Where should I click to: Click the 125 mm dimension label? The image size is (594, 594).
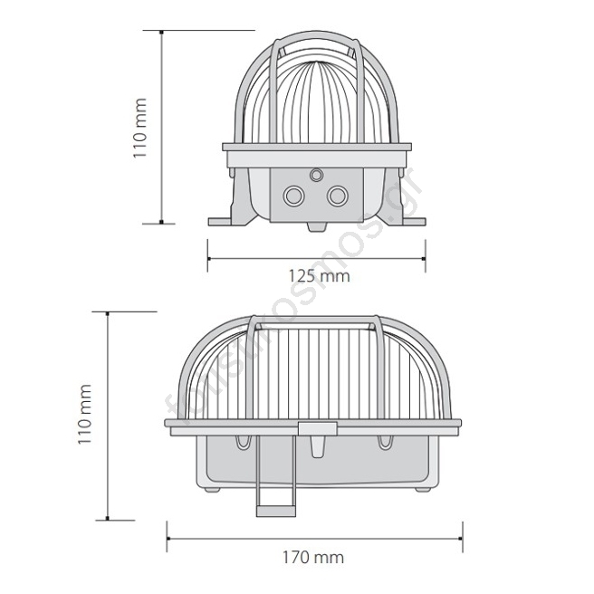[320, 276]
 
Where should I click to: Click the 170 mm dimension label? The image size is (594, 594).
[313, 558]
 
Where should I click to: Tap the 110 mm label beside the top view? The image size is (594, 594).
[139, 128]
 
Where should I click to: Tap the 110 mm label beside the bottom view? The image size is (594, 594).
[85, 414]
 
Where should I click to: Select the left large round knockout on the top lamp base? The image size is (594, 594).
[293, 196]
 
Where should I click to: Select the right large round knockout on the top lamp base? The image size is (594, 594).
[338, 196]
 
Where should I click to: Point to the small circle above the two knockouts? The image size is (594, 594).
[316, 175]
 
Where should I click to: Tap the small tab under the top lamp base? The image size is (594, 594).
[317, 226]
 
